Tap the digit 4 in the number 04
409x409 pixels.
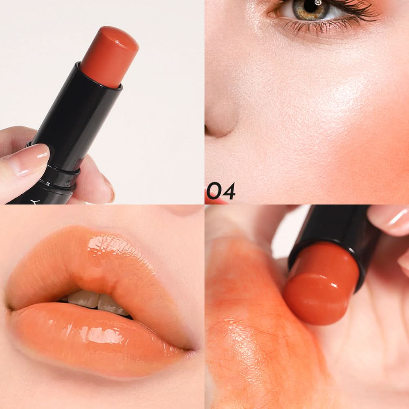click(229, 191)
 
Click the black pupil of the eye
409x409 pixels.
click(311, 7)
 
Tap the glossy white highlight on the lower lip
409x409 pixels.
click(104, 335)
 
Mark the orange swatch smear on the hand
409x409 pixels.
click(250, 326)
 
